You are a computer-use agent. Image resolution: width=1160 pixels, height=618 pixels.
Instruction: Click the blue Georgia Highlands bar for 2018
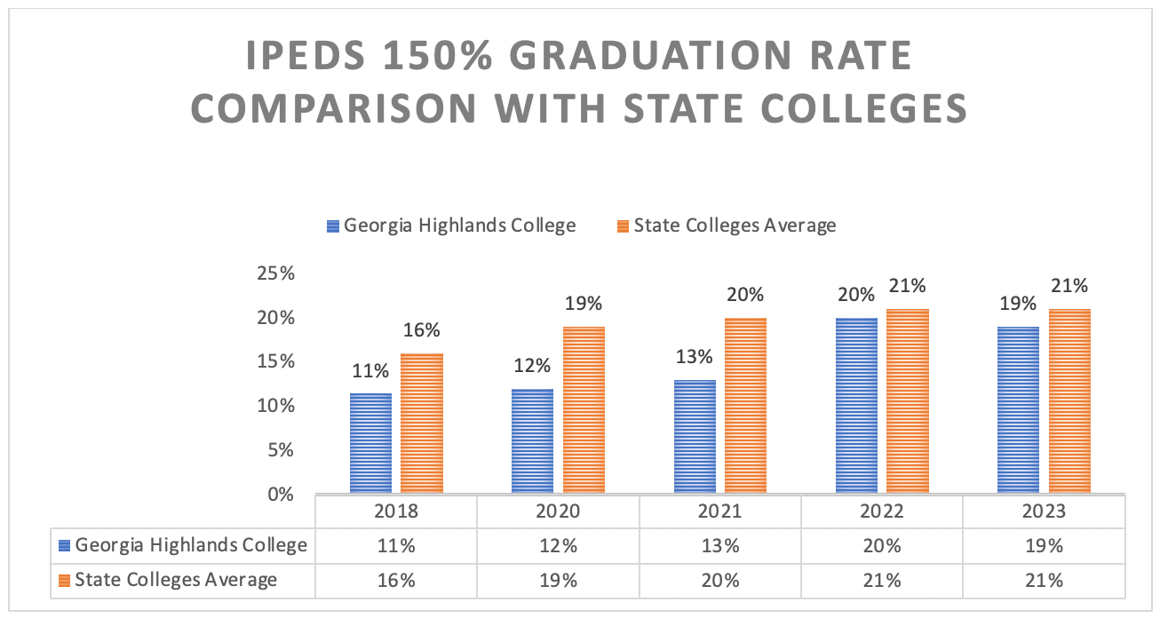tap(370, 443)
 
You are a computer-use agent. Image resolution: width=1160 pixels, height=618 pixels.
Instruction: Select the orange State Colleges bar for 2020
tap(584, 409)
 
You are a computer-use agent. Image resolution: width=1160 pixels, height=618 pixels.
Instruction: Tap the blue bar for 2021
tap(695, 436)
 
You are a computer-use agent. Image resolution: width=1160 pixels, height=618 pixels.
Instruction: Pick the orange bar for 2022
tap(908, 400)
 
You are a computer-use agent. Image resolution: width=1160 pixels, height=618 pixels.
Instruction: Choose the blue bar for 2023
tap(1018, 409)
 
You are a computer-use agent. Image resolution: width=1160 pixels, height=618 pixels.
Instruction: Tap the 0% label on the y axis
tap(280, 495)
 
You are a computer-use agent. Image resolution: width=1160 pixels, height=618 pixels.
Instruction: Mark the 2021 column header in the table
tap(720, 511)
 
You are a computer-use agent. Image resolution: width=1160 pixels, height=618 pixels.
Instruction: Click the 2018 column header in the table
tap(396, 511)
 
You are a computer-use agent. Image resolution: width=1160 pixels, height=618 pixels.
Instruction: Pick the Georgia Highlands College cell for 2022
tap(882, 545)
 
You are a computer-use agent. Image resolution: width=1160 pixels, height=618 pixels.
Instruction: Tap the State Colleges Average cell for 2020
tap(558, 580)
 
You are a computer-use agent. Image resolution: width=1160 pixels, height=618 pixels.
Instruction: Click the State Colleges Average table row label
tap(176, 580)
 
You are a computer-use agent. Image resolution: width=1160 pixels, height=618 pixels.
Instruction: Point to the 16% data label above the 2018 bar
tap(421, 331)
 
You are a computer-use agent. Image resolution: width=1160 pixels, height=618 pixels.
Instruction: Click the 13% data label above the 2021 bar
tap(694, 358)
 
